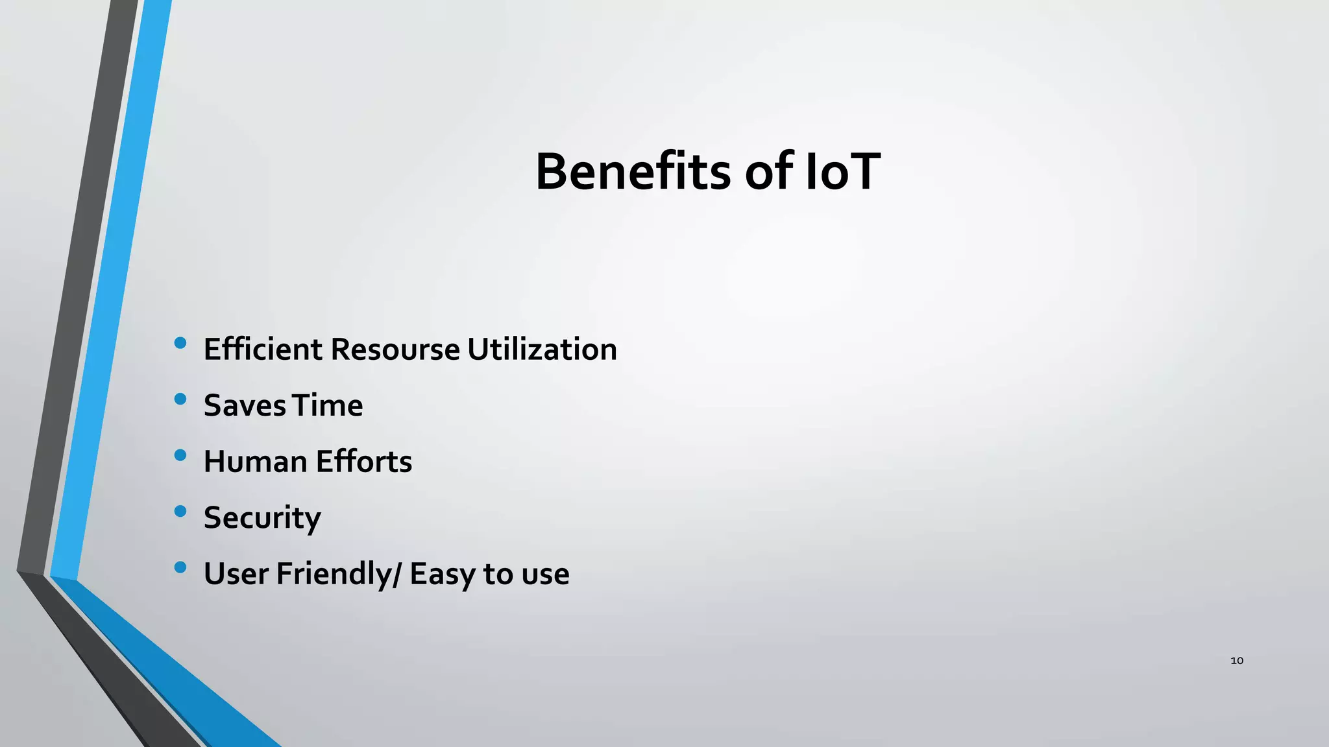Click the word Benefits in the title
633,172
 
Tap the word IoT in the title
842,172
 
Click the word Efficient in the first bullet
263,350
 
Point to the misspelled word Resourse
395,350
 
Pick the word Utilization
542,350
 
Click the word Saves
245,406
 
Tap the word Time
328,406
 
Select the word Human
255,462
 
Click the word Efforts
364,462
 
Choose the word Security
262,518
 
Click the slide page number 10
1237,661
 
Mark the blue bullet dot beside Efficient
180,342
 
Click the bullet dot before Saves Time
180,399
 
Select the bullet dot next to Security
180,512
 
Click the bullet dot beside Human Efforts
180,455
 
